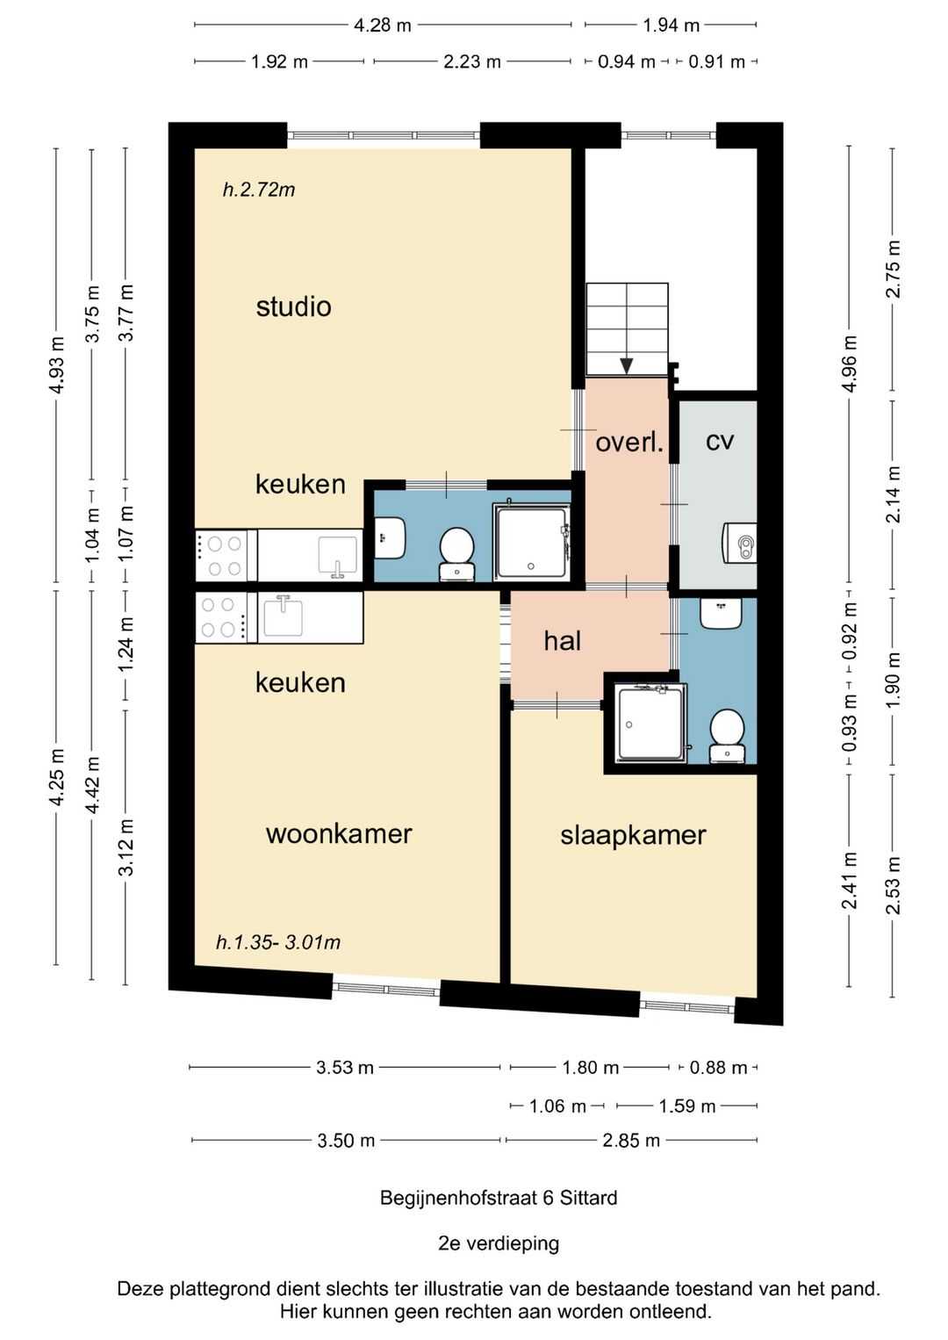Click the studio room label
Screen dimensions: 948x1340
click(293, 306)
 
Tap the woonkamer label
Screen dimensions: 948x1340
click(339, 834)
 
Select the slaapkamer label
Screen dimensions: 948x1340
click(633, 836)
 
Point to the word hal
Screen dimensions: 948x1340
click(563, 641)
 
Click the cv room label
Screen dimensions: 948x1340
click(720, 442)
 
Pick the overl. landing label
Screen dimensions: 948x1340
click(629, 443)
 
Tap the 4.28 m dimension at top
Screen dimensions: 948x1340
click(383, 25)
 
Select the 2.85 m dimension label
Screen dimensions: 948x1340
click(631, 1140)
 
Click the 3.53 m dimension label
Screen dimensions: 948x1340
click(344, 1067)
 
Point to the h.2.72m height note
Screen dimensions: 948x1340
click(259, 190)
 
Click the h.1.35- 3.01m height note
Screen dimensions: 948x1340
click(278, 943)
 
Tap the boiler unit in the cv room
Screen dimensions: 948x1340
click(741, 543)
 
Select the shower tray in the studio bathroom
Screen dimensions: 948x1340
click(532, 544)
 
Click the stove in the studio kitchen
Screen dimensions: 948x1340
click(221, 556)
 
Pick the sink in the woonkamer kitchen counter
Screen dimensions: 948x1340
click(283, 616)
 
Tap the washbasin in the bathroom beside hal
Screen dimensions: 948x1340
click(721, 613)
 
